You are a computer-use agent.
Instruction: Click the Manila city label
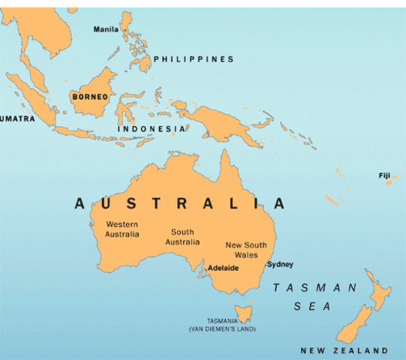(105, 29)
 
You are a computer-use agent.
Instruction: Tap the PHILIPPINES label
(193, 59)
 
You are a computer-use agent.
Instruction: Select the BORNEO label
(89, 97)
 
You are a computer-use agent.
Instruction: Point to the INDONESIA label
(152, 128)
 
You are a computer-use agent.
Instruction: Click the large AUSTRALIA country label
(180, 203)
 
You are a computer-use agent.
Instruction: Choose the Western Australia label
(122, 229)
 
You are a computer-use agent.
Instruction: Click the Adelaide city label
(223, 268)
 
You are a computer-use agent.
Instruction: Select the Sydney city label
(280, 264)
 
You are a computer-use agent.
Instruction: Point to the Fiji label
(384, 175)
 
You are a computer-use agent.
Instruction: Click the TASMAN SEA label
(315, 296)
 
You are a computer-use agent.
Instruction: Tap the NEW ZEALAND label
(344, 350)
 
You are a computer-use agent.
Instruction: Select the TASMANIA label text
(222, 320)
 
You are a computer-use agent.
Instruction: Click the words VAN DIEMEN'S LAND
(222, 328)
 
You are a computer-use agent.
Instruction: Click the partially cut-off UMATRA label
(12, 118)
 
